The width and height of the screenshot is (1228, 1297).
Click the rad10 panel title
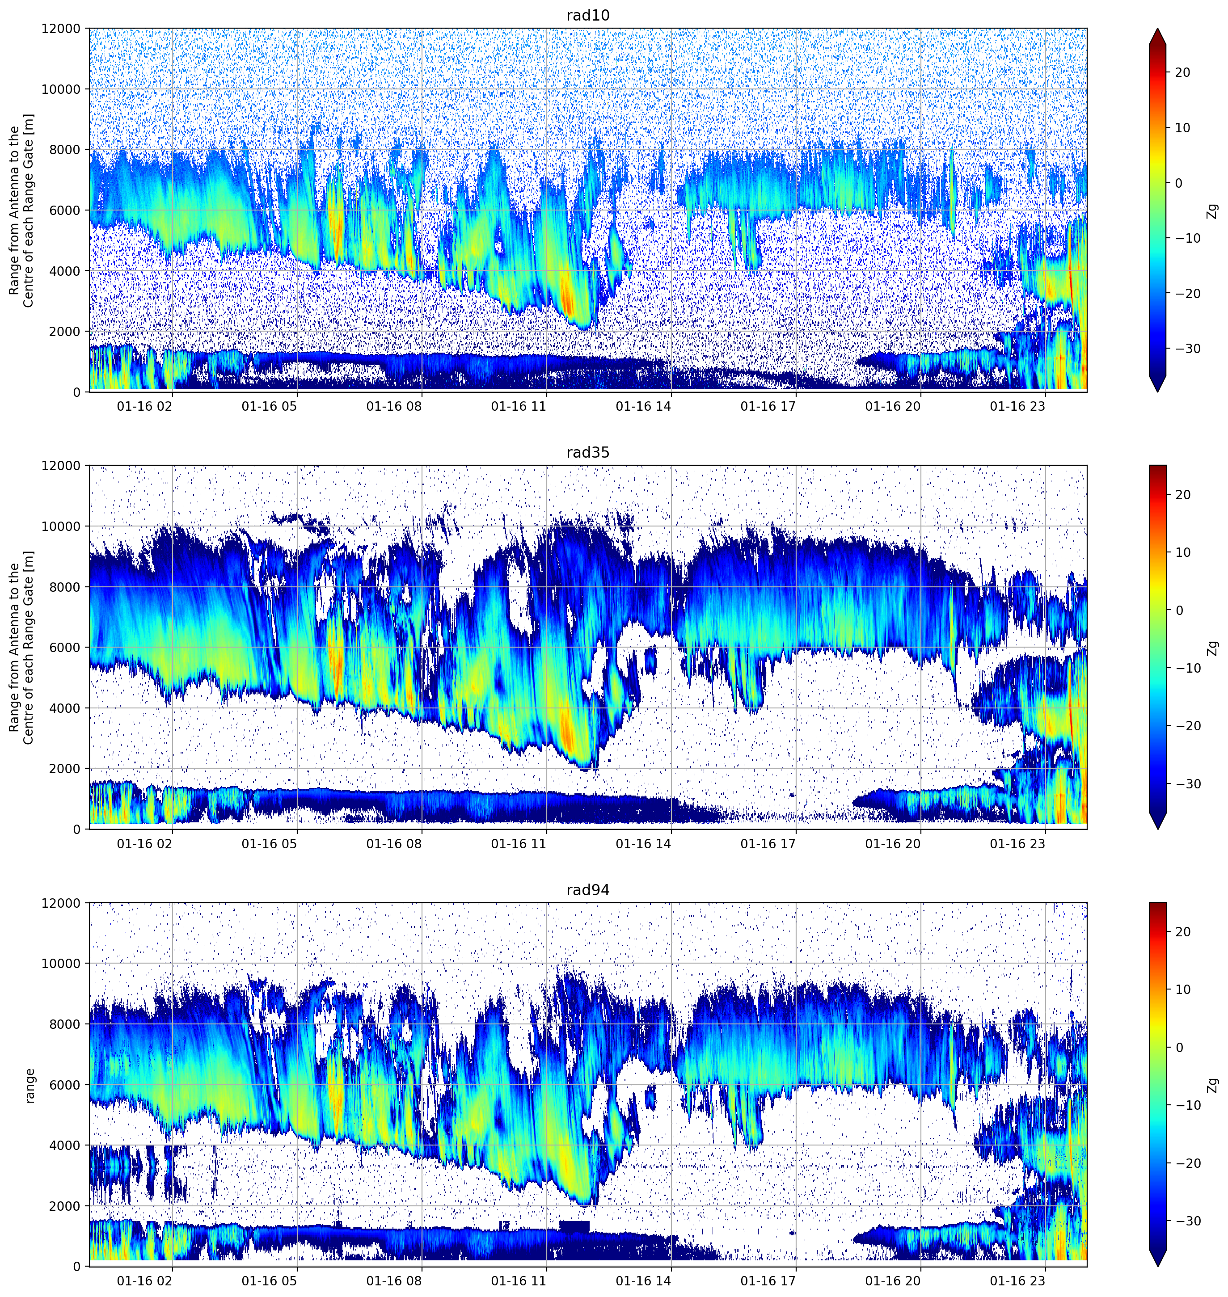tap(588, 16)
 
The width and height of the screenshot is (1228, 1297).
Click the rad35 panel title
tap(588, 453)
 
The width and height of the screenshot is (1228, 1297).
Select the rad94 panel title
tap(588, 890)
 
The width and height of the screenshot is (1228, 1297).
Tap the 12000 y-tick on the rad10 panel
tap(62, 28)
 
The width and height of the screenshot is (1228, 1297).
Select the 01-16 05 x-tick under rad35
tap(269, 843)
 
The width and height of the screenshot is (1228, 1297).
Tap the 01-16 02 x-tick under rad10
tap(145, 406)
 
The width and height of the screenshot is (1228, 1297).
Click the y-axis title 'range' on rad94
tap(30, 1086)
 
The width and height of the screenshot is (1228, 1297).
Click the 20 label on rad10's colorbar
tap(1182, 73)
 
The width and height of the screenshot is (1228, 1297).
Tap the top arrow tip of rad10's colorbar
tap(1157, 29)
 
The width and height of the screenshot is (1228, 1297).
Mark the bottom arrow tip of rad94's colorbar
tap(1157, 1266)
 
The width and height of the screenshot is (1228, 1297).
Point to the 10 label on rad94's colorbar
tap(1182, 990)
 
